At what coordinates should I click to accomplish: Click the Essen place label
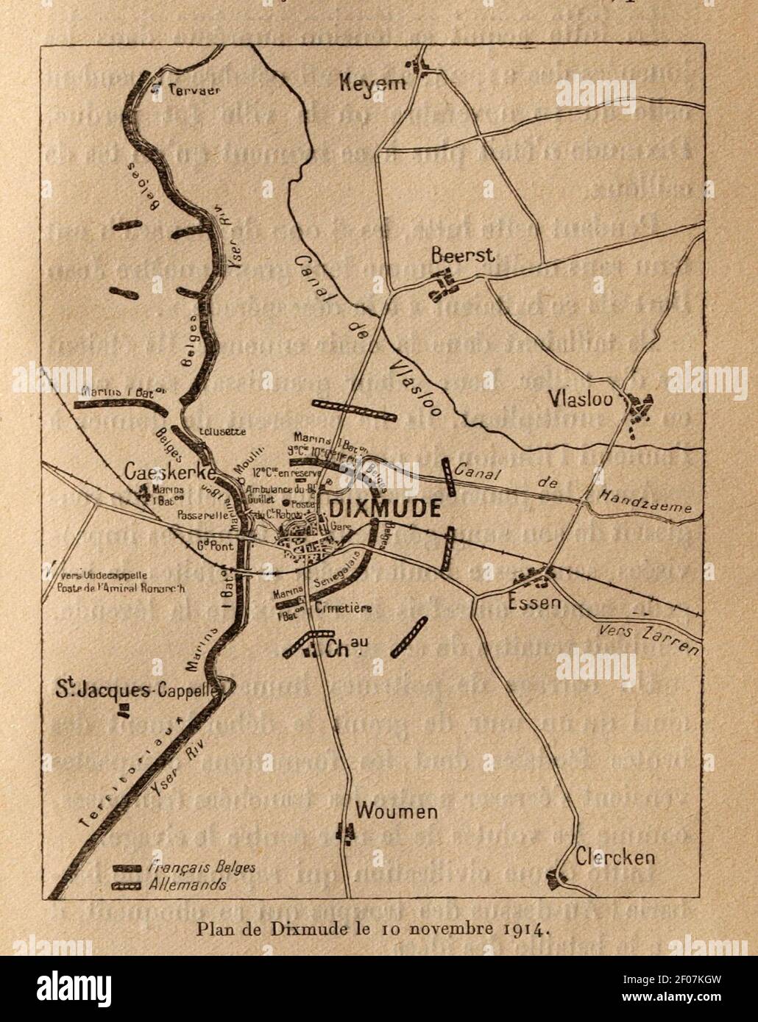(534, 604)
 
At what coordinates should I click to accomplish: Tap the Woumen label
(396, 812)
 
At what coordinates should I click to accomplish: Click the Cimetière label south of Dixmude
(342, 608)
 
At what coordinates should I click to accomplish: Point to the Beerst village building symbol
(442, 284)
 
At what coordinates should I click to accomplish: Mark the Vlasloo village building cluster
(640, 409)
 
